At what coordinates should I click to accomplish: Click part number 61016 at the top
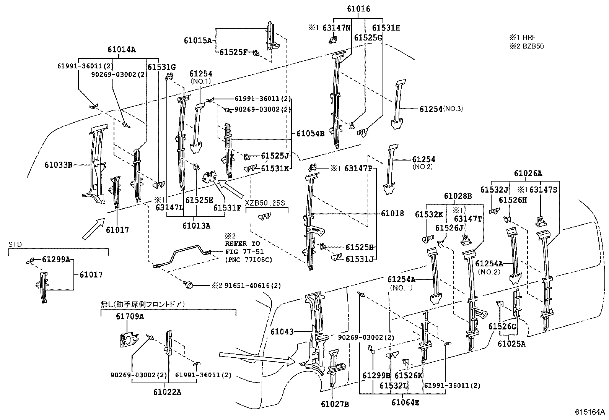tap(358, 9)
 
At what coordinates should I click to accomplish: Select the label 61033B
tap(58, 165)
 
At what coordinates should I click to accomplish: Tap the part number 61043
tap(282, 331)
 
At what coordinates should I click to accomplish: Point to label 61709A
tap(130, 316)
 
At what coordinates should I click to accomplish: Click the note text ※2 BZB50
tap(526, 46)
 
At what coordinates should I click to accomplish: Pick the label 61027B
tap(335, 404)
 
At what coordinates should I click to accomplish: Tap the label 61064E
tap(405, 402)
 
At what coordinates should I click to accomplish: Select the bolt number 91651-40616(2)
tap(252, 285)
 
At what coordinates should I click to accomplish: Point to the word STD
tap(15, 245)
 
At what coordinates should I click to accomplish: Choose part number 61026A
tap(528, 173)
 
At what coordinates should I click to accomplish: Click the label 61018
tap(392, 214)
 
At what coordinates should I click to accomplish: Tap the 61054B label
tap(310, 133)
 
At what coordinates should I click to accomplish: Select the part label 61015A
tap(198, 40)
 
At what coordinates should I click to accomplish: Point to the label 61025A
tap(511, 344)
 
